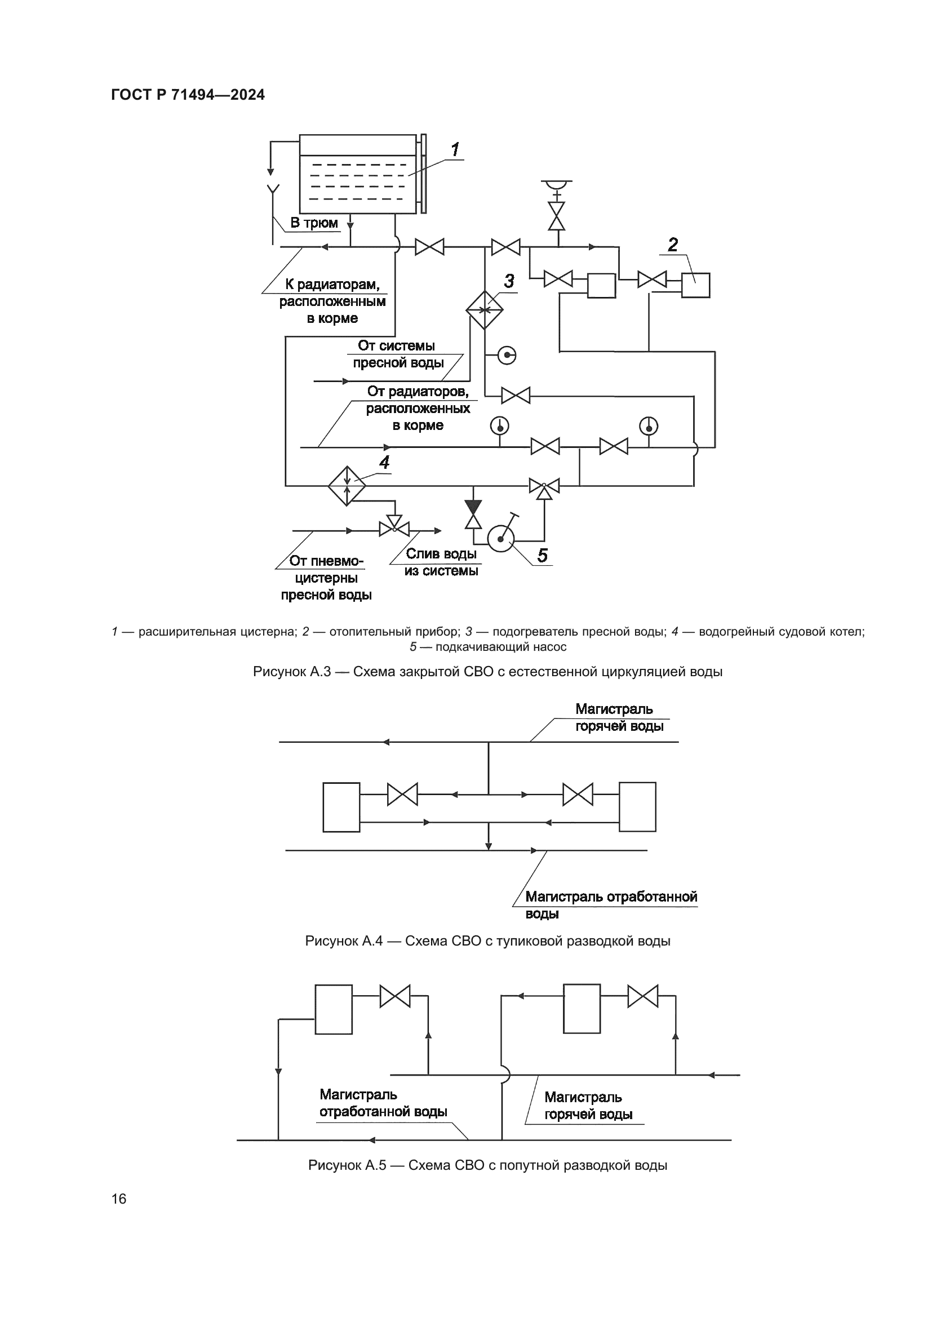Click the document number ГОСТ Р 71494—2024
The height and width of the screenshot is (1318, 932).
tap(188, 95)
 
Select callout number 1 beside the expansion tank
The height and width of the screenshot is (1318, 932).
tap(455, 150)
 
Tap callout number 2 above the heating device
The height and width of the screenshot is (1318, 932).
tap(673, 245)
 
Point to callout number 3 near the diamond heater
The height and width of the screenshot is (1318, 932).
tap(508, 281)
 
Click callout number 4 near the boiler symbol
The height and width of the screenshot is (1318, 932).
tap(384, 462)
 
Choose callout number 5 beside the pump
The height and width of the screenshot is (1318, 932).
tap(542, 555)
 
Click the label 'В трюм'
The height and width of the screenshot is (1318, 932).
tap(314, 223)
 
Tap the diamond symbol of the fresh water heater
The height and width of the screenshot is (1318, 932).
tap(485, 310)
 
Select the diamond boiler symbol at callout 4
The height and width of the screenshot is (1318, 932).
tap(347, 486)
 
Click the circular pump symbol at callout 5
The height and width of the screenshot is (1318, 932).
tap(501, 539)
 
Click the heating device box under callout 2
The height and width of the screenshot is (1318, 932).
tap(695, 285)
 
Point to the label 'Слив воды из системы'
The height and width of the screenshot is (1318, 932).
tap(441, 562)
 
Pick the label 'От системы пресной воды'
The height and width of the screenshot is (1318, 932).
tap(397, 354)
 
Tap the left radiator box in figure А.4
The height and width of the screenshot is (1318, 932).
tap(341, 806)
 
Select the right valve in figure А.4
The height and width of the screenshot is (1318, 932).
tap(578, 795)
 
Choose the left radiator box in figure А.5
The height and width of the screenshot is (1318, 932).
tap(334, 1009)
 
